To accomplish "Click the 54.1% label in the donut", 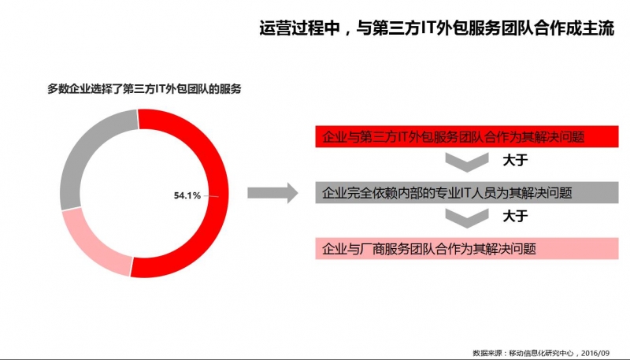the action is (187, 195).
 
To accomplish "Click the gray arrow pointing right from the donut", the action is (272, 193).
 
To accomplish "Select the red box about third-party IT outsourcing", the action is (467, 136).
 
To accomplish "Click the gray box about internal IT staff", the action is (467, 192).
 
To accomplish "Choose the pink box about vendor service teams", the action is (467, 248).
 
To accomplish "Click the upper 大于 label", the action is (515, 161).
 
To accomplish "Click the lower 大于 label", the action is (515, 216).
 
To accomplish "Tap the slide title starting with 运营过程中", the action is (437, 28).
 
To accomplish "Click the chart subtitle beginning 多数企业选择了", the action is (144, 89).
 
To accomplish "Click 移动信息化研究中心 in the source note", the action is (541, 353).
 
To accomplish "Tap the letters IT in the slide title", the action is (427, 28).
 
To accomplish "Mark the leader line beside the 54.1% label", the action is (211, 196).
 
